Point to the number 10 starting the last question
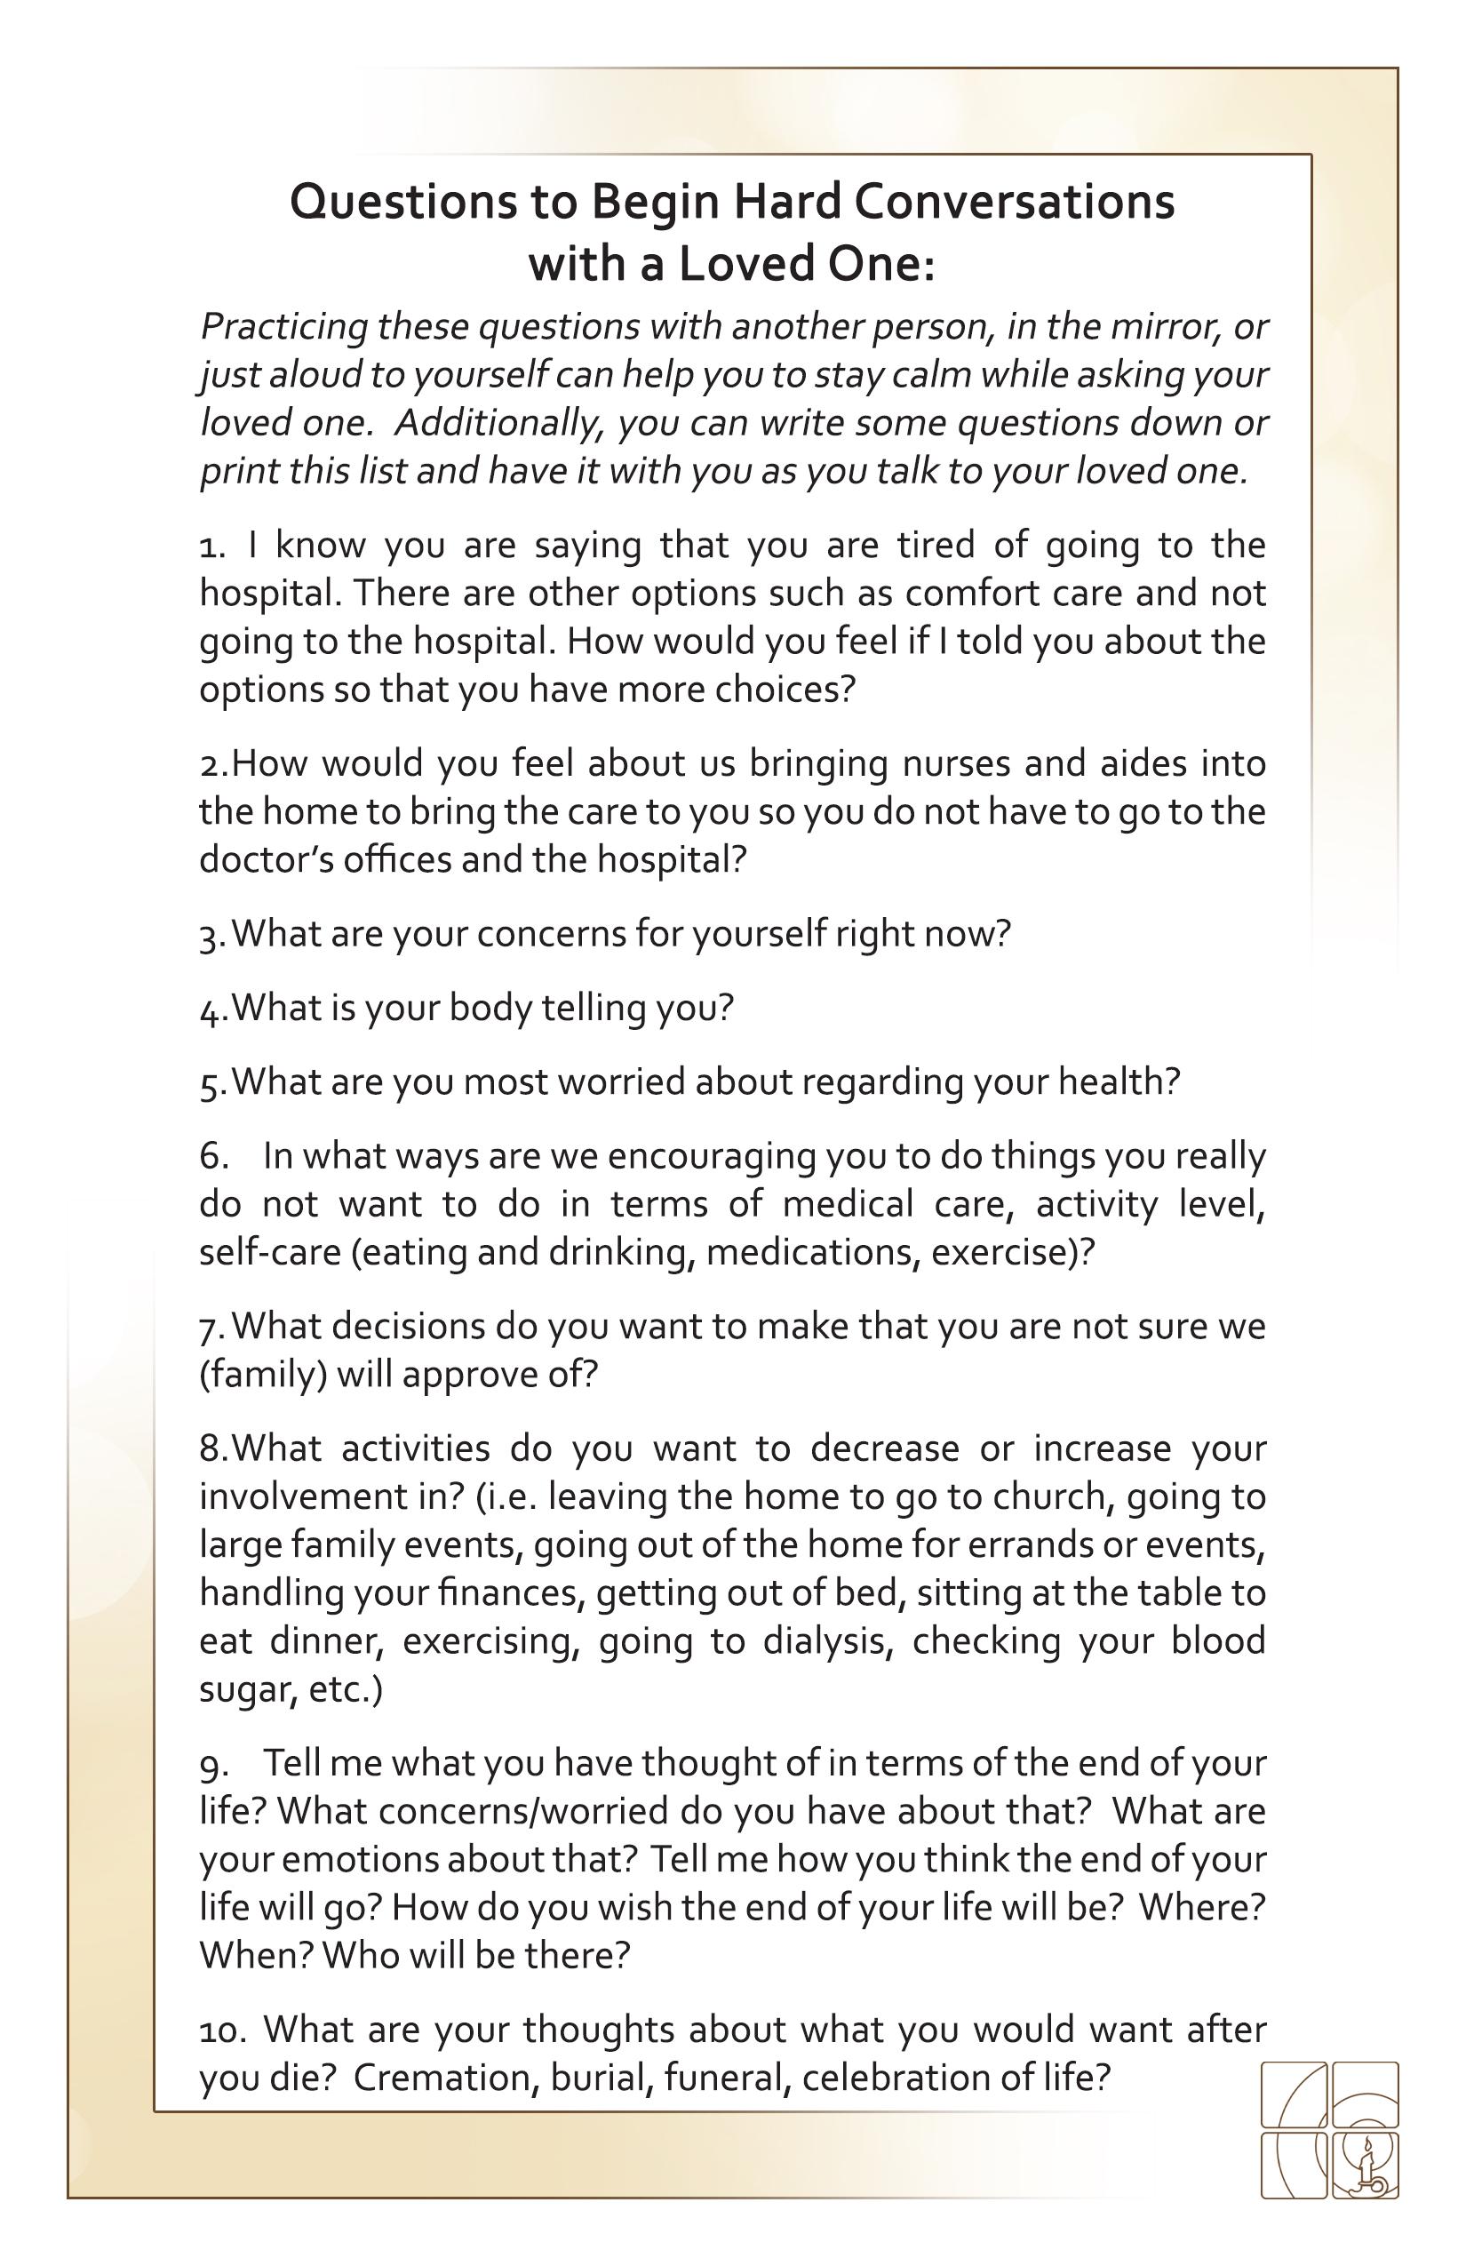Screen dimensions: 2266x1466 click(x=222, y=2030)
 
